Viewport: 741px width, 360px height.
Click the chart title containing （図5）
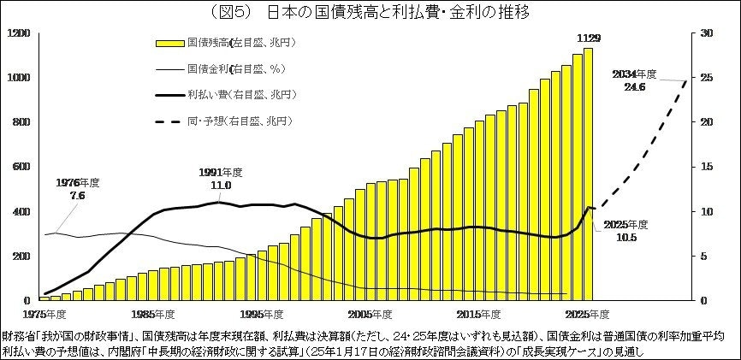(370, 12)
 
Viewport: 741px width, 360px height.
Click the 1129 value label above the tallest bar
(588, 38)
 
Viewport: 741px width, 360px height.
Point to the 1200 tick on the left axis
(18, 32)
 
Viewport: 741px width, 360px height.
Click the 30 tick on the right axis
(705, 32)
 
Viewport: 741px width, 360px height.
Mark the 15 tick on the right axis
(705, 167)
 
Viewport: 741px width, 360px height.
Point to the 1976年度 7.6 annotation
(78, 189)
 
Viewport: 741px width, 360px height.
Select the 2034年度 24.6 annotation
(635, 80)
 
